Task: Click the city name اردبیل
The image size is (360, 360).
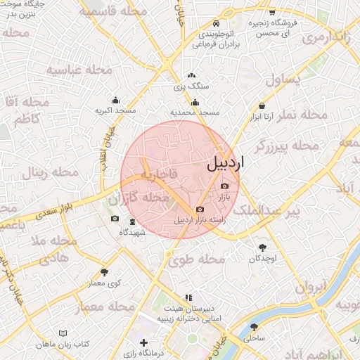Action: click(x=225, y=164)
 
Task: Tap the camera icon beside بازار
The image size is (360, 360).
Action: click(x=224, y=186)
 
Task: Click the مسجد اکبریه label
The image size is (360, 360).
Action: click(x=116, y=111)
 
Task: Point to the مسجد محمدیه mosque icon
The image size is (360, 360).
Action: click(x=195, y=103)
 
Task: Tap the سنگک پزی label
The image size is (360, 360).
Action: click(x=191, y=87)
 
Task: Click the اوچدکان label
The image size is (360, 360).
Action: click(x=263, y=259)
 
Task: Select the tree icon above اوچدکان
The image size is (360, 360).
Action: click(x=263, y=247)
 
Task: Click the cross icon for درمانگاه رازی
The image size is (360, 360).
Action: click(x=144, y=343)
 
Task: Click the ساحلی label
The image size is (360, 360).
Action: click(x=253, y=338)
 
